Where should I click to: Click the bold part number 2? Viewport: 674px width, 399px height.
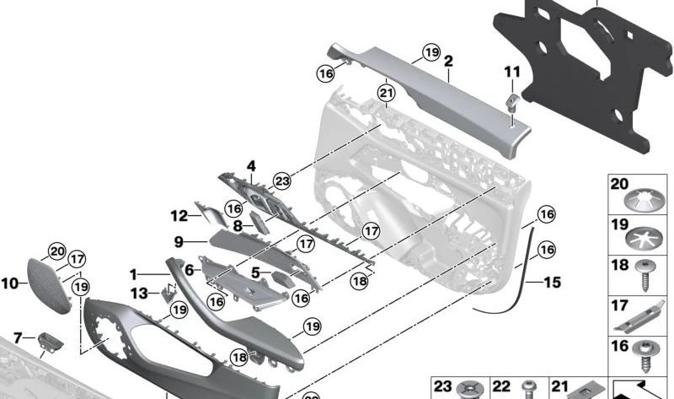point(448,61)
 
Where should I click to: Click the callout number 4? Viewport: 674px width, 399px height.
point(250,165)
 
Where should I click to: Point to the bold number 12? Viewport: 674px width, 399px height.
point(179,215)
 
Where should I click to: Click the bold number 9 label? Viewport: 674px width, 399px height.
point(179,242)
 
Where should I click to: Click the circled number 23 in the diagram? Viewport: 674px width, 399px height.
point(281,180)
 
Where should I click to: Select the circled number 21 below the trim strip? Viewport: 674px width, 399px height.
point(386,92)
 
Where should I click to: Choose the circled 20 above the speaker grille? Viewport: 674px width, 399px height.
point(56,251)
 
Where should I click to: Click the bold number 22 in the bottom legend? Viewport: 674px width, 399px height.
point(501,386)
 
